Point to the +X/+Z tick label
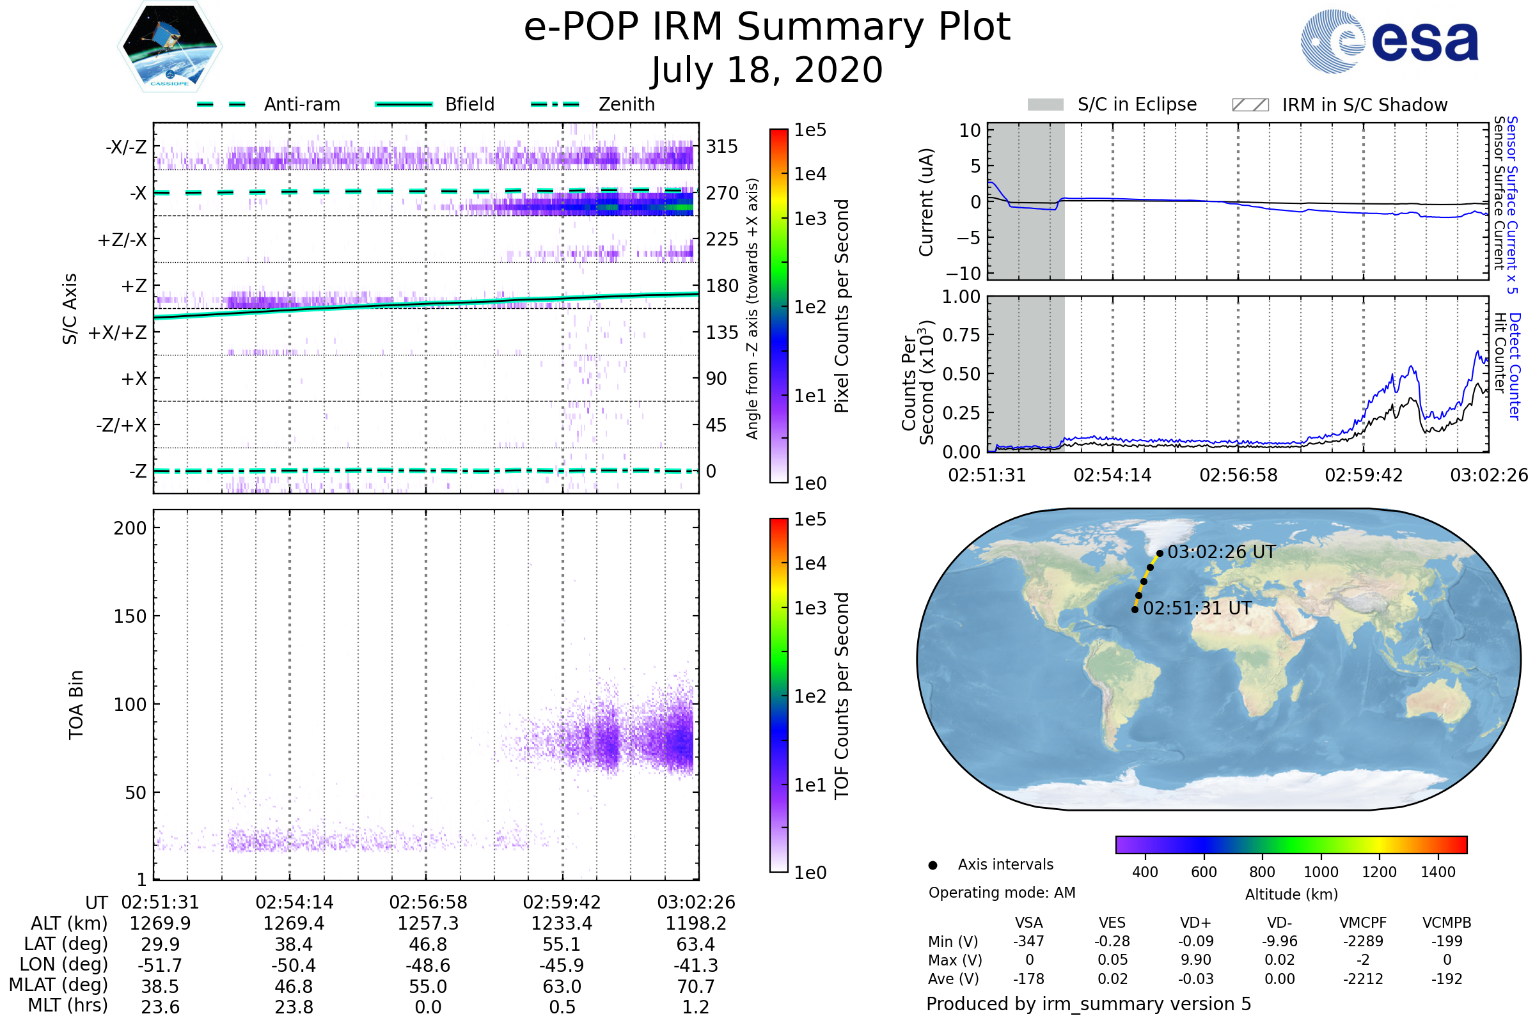pos(118,332)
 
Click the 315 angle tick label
pos(721,146)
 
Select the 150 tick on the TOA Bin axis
pos(130,616)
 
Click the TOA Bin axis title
pos(75,705)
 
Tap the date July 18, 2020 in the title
pos(767,70)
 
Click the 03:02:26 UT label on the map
pos(1221,552)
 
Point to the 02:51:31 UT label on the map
pos(1197,608)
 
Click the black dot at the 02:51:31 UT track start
pos(1135,609)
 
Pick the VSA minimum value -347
pos(1028,941)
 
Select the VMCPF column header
pos(1363,923)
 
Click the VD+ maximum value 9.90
pos(1195,960)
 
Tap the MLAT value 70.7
pos(696,987)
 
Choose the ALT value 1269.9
pos(160,923)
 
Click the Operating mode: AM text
pos(1002,893)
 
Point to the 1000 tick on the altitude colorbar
pos(1321,872)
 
